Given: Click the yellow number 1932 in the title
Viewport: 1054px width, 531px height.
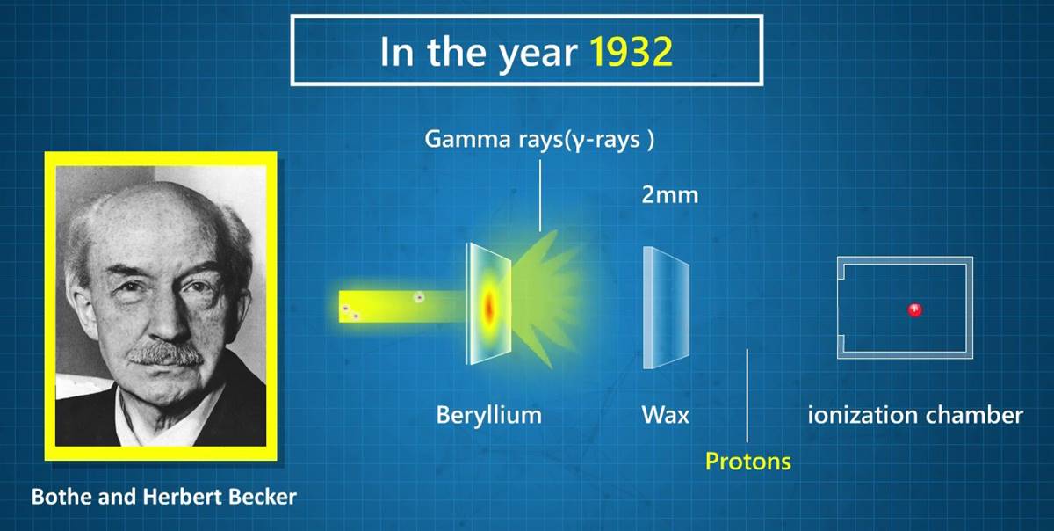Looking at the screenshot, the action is pos(631,51).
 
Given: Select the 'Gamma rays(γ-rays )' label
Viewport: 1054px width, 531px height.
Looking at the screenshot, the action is pos(539,140).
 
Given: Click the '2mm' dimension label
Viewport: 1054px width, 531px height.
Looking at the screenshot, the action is pos(670,195).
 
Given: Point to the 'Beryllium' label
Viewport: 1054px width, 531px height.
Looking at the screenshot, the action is pos(489,416).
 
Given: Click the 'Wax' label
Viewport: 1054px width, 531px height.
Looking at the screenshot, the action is pos(666,416).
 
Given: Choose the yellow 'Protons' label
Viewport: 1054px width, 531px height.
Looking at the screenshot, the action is pos(748,462).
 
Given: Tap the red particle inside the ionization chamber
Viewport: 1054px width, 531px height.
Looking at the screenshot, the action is pos(915,310).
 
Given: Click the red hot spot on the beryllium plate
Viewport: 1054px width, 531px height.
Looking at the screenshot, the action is pos(489,306).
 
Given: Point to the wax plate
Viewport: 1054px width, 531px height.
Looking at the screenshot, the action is pos(666,307).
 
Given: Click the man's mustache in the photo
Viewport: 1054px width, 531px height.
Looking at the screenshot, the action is pos(166,353).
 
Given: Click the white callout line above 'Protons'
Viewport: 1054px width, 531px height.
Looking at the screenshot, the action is pos(747,396).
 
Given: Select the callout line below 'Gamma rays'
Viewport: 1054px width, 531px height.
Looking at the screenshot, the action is pos(540,195).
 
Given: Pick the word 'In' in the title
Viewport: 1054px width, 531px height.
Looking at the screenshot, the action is pos(398,51).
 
